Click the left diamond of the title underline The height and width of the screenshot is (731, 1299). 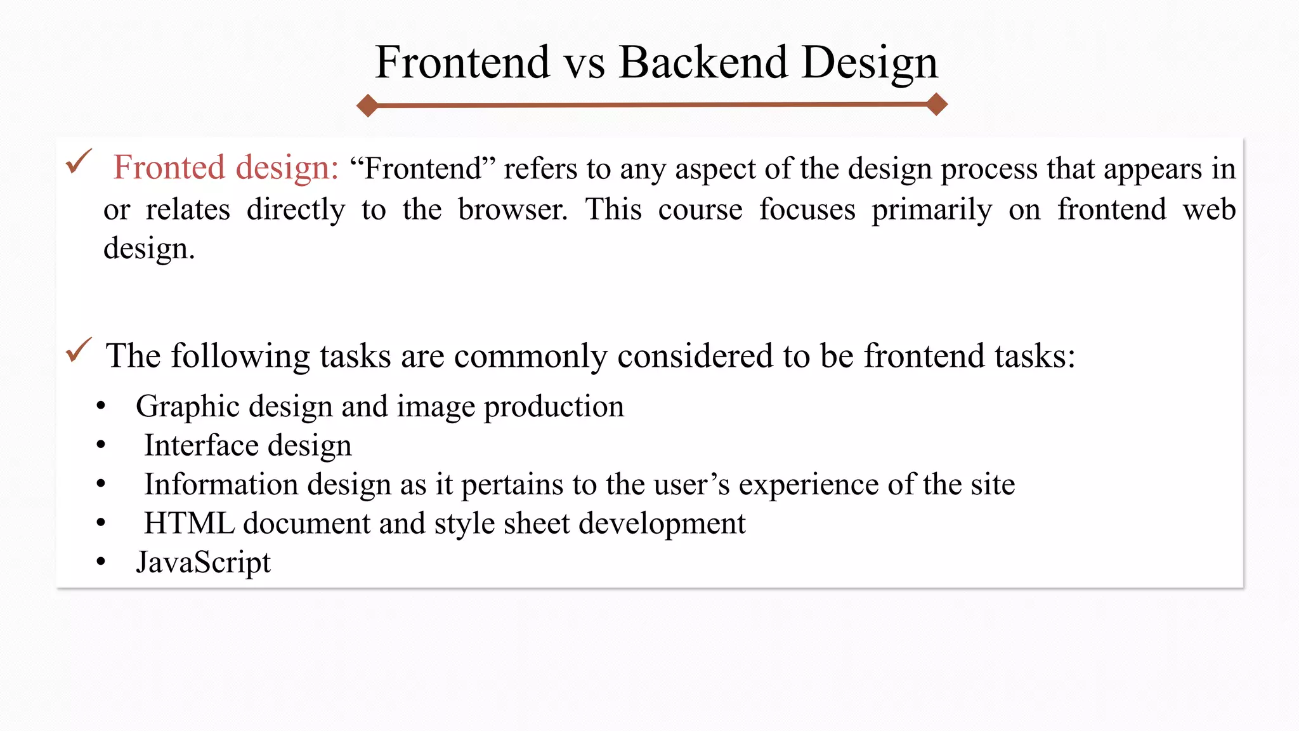[367, 105]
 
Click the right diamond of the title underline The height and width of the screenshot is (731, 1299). [937, 103]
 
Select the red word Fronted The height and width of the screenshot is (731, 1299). [169, 168]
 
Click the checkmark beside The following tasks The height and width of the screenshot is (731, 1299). [79, 350]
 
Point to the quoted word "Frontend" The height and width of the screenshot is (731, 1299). [422, 169]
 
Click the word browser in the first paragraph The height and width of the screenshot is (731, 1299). [512, 209]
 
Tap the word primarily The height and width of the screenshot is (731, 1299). [931, 210]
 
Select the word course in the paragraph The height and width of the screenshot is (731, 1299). [700, 209]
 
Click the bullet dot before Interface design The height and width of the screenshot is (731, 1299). [101, 445]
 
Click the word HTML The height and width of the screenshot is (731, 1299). [189, 524]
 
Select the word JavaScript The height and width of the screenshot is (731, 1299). [203, 563]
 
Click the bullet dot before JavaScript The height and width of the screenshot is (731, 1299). [101, 562]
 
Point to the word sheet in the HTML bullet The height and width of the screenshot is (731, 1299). [536, 524]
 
